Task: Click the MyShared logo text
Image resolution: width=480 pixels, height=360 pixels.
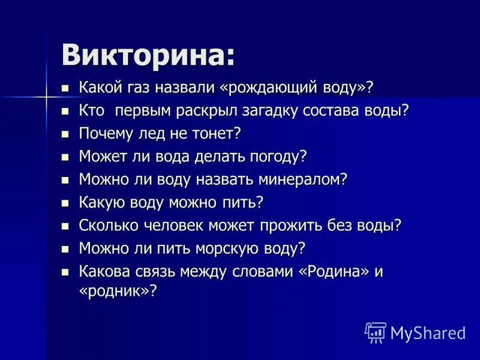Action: (428, 332)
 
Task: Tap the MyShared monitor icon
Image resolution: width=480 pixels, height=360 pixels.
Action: (375, 332)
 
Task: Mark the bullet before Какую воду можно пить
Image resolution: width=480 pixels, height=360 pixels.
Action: (66, 203)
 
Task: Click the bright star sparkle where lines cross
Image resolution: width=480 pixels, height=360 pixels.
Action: (46, 96)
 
